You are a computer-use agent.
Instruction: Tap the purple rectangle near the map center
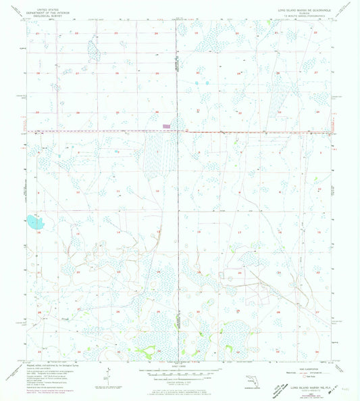[166, 126]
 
